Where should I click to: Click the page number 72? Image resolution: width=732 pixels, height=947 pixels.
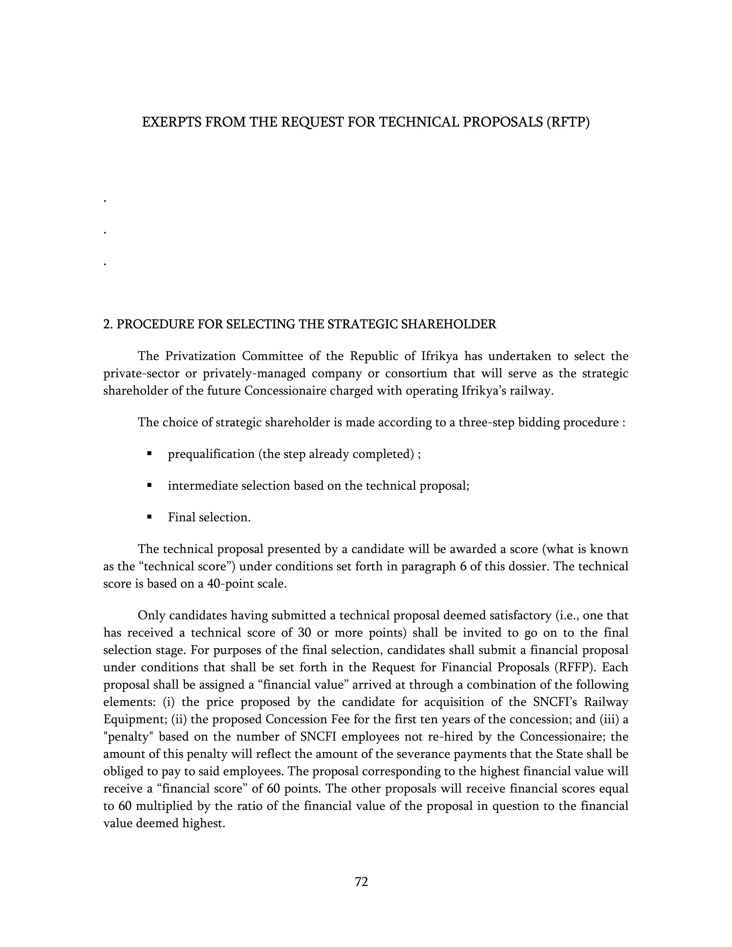coord(361,882)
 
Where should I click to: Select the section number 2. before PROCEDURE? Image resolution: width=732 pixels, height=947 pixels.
coord(108,324)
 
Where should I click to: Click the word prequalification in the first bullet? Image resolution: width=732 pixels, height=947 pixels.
coord(211,454)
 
